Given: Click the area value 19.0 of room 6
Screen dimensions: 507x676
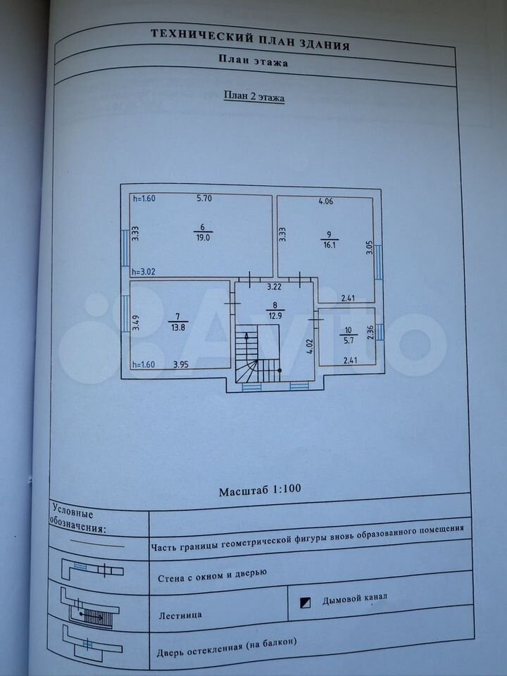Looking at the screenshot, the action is point(203,237).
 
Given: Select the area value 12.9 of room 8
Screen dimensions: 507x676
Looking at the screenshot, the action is point(274,315).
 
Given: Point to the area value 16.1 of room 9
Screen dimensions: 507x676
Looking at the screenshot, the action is point(329,245).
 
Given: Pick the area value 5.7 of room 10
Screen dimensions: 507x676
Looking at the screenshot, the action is point(349,339).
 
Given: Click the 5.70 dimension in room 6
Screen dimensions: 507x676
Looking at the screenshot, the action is point(204,199).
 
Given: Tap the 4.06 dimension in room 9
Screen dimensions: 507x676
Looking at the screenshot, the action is point(325,201).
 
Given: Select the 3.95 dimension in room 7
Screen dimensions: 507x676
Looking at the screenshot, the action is point(181,364).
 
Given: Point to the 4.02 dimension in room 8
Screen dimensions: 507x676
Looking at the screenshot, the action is point(308,346).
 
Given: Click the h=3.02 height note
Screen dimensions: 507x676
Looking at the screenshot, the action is point(144,272).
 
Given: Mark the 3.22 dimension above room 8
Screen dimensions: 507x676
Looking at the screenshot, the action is point(274,286).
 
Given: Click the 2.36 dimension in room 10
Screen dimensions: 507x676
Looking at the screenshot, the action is point(370,332).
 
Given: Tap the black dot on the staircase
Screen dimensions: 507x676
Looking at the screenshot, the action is point(280,370).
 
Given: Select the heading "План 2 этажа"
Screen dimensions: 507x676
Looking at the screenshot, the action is point(254,96).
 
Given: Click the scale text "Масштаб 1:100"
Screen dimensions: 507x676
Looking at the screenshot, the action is point(260,490).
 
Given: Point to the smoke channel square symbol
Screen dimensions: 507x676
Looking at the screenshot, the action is point(305,603).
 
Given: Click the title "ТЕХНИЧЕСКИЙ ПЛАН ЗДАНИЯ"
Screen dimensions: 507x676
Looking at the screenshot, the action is point(250,39).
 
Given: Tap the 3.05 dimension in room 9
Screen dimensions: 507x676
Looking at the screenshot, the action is point(370,247).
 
